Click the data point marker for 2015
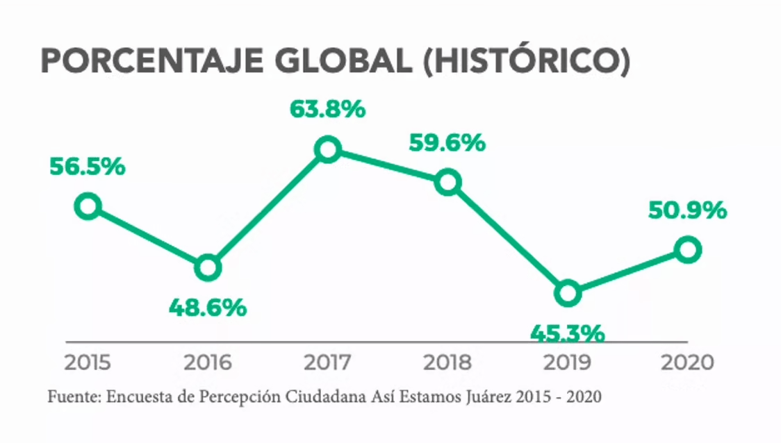(88, 206)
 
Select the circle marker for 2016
(207, 267)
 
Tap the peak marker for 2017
(327, 149)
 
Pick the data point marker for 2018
(448, 183)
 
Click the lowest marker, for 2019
(568, 293)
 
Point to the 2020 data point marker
(687, 249)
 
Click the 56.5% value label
(88, 167)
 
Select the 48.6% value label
(208, 307)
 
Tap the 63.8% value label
(328, 109)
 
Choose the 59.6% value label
(447, 143)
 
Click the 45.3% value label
(567, 333)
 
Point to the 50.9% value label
(687, 210)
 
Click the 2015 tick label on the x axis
(88, 362)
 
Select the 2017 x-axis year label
(328, 362)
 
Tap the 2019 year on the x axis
(568, 362)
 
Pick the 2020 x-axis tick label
(687, 362)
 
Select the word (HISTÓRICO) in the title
(526, 62)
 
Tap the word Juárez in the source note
(484, 397)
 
